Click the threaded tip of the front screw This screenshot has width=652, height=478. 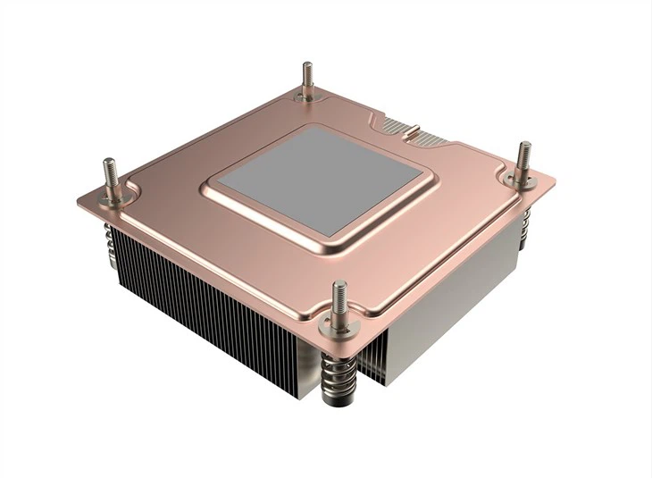(x=339, y=290)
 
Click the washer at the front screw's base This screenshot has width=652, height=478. (x=339, y=315)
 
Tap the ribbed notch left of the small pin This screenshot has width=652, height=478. (x=394, y=122)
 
